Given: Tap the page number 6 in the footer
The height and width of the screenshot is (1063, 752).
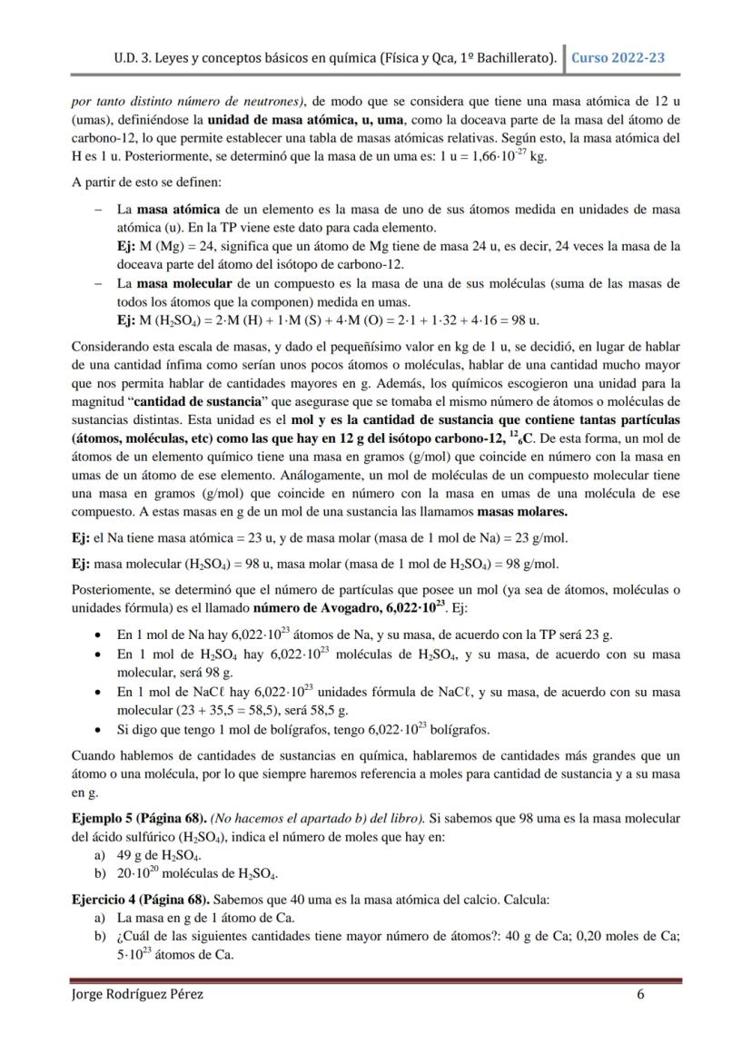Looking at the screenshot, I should [640, 994].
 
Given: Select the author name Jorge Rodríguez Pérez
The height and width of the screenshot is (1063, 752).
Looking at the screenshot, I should [137, 994].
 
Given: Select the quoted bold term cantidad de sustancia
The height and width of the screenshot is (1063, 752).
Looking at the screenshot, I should [184, 402].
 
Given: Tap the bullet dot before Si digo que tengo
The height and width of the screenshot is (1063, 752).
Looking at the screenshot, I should [98, 730].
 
